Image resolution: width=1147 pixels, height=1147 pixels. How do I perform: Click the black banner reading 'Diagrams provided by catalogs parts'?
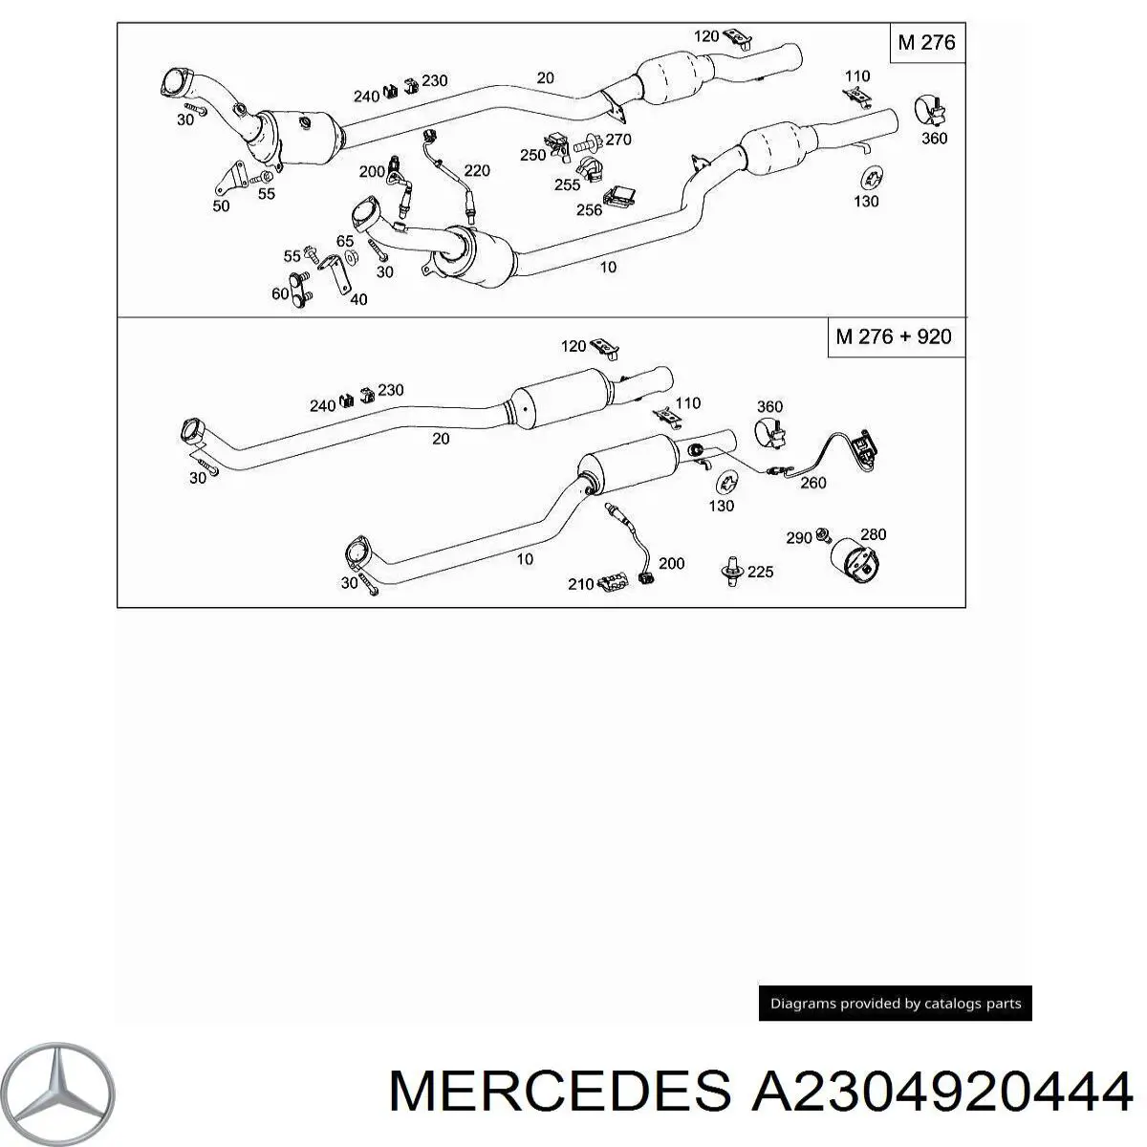point(896,1003)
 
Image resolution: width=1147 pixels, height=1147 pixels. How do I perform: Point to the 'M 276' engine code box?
point(926,43)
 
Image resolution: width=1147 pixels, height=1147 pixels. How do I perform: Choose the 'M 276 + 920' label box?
point(894,336)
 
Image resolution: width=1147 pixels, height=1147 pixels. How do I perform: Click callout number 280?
point(873,534)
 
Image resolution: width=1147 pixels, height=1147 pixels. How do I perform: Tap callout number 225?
point(760,572)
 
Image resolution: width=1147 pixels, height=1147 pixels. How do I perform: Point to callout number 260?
point(812,483)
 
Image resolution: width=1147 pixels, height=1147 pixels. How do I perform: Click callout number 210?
point(580,583)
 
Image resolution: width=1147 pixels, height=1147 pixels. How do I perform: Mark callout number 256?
point(589,209)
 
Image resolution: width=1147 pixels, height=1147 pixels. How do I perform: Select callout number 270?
point(617,140)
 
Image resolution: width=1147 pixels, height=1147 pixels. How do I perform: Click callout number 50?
point(221,205)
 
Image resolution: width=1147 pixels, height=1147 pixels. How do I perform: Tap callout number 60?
point(280,293)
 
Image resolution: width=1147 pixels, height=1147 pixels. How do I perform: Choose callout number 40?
point(358,299)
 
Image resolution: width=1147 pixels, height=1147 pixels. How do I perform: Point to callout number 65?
point(345,241)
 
